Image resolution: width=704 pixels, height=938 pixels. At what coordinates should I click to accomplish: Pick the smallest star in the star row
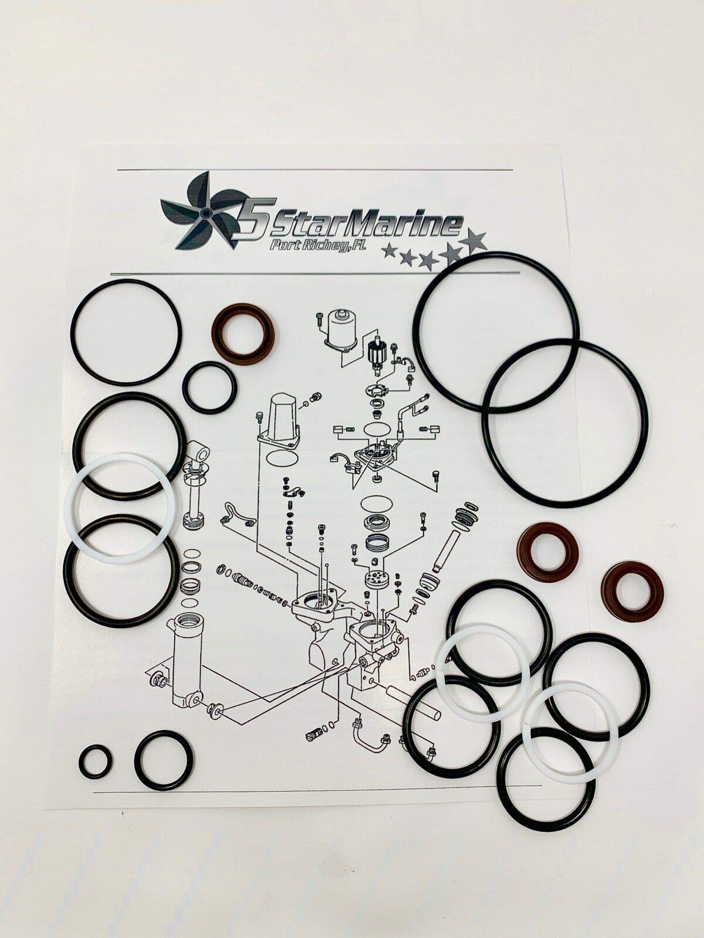(x=388, y=251)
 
